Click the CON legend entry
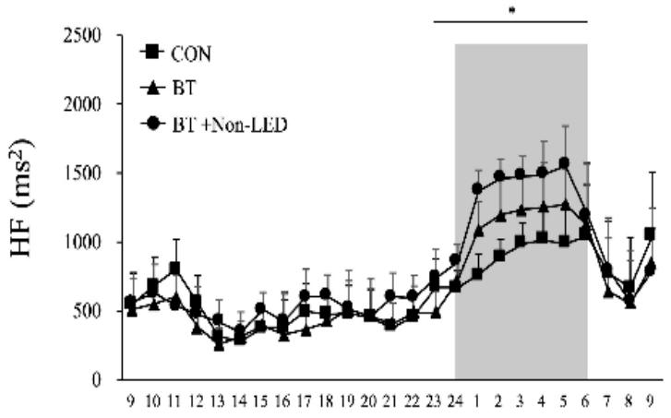[190, 54]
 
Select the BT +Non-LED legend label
[227, 123]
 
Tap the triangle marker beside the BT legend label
[152, 88]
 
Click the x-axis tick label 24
[454, 403]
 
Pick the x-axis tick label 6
[585, 403]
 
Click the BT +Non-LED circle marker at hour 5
[564, 163]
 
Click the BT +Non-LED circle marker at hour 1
[477, 188]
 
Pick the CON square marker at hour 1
[477, 273]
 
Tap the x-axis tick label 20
[369, 403]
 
